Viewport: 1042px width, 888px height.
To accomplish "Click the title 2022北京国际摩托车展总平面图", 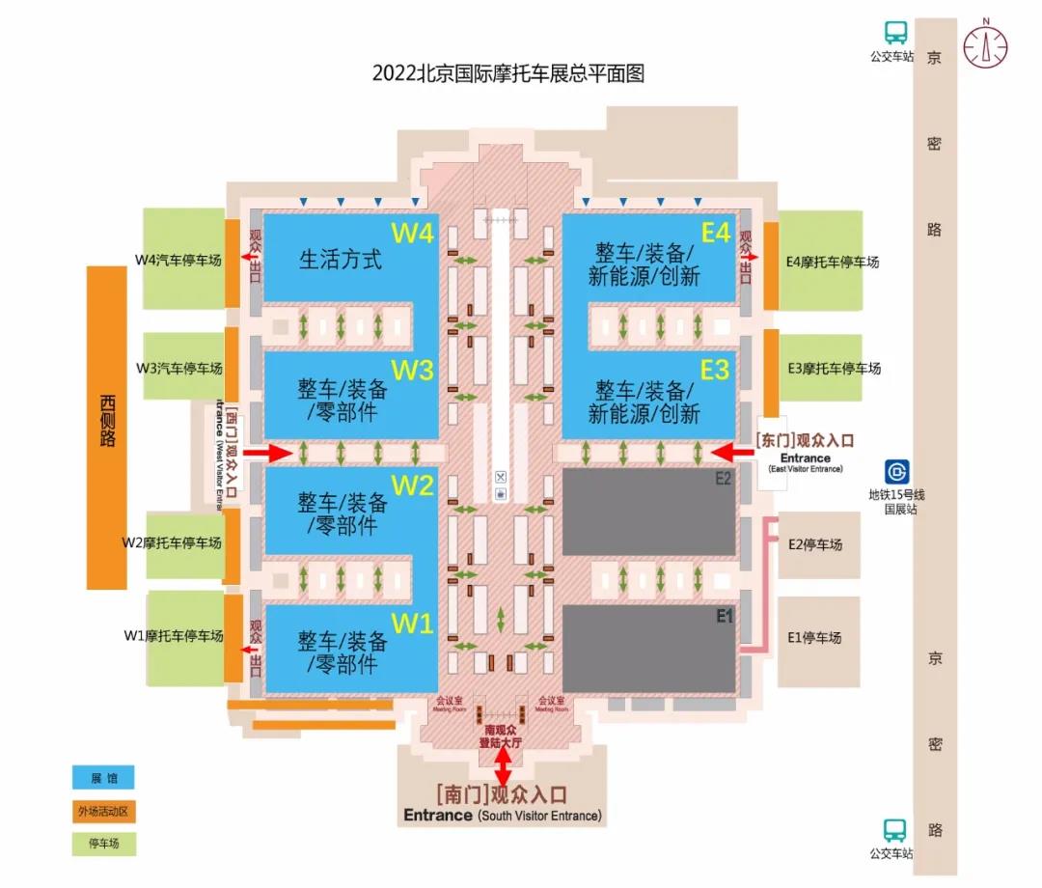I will (507, 73).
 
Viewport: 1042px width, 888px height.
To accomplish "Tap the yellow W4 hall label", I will (413, 234).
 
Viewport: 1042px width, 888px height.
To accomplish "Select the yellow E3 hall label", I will (714, 370).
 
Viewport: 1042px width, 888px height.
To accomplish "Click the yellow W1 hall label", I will (412, 624).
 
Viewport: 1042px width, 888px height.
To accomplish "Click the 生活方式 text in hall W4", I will (340, 260).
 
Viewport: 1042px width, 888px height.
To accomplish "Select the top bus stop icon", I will (895, 33).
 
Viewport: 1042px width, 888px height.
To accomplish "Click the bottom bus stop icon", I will (895, 830).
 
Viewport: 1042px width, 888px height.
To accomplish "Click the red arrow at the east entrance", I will (729, 451).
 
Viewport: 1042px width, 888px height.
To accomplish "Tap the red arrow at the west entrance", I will (267, 452).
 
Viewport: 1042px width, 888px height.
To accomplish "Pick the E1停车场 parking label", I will (814, 637).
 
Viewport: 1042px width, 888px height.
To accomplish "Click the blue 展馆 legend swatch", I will (102, 778).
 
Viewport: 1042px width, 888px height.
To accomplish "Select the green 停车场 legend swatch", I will (102, 844).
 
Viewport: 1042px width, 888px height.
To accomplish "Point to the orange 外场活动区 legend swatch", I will (102, 811).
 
